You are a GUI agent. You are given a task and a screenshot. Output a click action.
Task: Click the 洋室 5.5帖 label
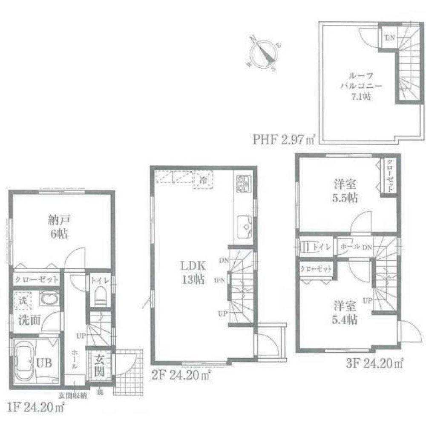[x=345, y=192]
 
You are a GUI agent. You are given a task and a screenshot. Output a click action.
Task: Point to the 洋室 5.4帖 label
[x=345, y=312]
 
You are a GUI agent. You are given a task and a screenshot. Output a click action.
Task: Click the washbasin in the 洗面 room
[x=48, y=299]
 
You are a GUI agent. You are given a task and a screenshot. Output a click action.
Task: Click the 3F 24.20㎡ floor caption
[x=374, y=364]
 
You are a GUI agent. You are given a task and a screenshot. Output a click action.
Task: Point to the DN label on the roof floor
[x=389, y=38]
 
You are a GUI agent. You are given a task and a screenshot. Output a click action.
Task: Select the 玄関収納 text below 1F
[x=73, y=396]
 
